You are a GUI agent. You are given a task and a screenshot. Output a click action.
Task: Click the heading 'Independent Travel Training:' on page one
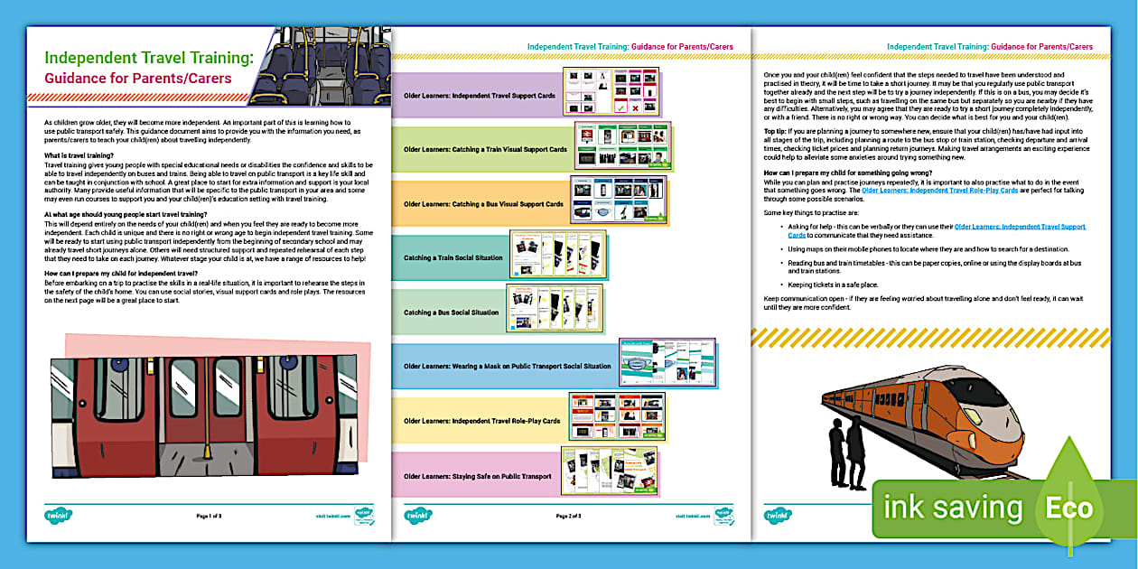148,57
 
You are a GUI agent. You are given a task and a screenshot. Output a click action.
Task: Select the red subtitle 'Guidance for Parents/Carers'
138,78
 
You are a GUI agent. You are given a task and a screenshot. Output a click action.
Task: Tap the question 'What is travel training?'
79,156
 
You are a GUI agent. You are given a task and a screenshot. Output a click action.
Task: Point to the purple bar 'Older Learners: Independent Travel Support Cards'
479,95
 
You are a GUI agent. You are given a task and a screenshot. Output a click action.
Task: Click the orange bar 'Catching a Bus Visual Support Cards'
483,204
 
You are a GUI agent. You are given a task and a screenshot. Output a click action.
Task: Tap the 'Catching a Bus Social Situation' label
451,312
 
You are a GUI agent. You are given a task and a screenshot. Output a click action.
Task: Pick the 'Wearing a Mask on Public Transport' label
507,367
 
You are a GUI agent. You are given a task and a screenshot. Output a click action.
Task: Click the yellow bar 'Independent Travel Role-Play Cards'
481,421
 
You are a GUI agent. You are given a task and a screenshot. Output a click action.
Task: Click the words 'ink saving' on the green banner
953,508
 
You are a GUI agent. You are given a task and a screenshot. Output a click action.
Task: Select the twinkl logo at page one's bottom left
59,516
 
